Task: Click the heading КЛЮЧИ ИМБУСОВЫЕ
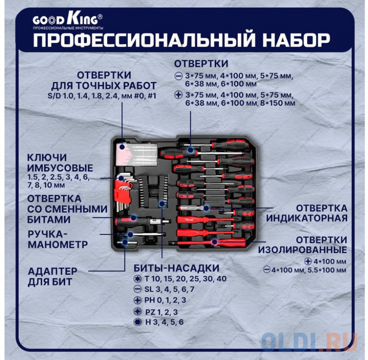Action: click(60, 163)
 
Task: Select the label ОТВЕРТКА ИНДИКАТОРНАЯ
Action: click(307, 213)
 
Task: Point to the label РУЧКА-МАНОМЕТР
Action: click(58, 239)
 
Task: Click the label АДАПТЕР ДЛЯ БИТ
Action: click(52, 276)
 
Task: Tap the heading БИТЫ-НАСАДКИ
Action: click(177, 268)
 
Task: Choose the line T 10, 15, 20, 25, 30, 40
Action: click(185, 279)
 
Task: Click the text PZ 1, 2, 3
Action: click(161, 312)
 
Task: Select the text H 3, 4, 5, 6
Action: click(164, 322)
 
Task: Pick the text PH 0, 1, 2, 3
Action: click(165, 300)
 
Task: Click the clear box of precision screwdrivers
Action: click(137, 154)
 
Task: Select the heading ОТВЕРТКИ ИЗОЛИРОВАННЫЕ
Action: click(303, 245)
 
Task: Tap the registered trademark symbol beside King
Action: click(100, 17)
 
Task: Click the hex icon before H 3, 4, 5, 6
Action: click(138, 322)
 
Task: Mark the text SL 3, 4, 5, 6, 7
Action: click(169, 289)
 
